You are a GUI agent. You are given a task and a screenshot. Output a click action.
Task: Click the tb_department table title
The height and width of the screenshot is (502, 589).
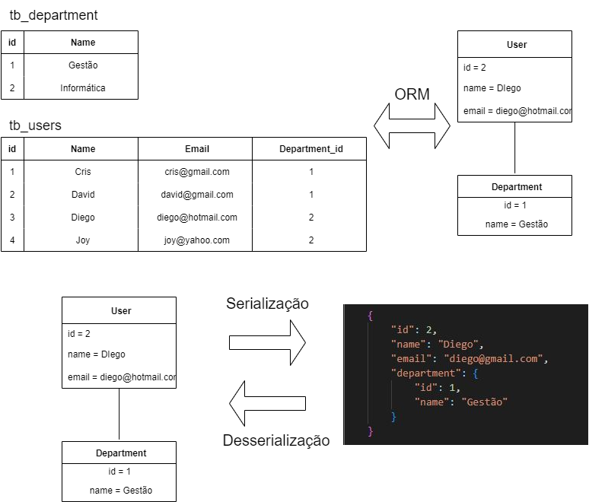pyautogui.click(x=53, y=15)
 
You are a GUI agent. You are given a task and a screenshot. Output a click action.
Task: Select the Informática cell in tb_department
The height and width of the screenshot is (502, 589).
pyautogui.click(x=83, y=88)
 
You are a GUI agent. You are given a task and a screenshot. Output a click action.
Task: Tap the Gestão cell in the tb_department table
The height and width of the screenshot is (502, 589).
pyautogui.click(x=83, y=65)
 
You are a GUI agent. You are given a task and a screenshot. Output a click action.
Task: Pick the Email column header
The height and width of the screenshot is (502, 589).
pyautogui.click(x=196, y=149)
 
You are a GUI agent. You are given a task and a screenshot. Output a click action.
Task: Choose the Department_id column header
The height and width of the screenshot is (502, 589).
pyautogui.click(x=310, y=149)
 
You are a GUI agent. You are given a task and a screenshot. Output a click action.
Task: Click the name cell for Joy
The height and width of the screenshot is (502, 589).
pyautogui.click(x=83, y=240)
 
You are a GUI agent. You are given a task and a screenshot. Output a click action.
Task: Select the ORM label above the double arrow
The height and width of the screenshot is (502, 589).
pyautogui.click(x=412, y=95)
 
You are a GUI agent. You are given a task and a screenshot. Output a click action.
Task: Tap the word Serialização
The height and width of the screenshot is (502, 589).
pyautogui.click(x=267, y=303)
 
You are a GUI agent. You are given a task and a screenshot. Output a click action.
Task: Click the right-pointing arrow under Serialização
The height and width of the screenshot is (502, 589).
pyautogui.click(x=267, y=342)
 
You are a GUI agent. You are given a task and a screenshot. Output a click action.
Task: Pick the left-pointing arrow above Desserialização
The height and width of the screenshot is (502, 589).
pyautogui.click(x=267, y=403)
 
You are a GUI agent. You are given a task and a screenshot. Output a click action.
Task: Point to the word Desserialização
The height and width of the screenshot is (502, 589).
pyautogui.click(x=276, y=440)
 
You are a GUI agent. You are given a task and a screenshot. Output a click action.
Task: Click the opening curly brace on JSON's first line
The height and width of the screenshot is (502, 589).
pyautogui.click(x=371, y=315)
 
